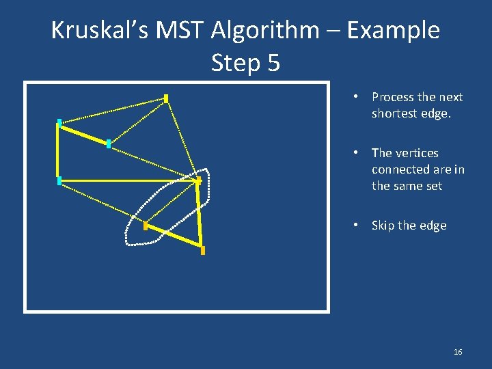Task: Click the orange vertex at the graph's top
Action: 166,98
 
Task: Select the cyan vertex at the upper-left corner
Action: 59,123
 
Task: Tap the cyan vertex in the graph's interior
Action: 109,143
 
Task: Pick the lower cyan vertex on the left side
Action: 59,180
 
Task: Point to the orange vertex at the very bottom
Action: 202,250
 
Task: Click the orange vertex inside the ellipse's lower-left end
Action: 146,225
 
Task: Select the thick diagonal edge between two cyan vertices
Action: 84,133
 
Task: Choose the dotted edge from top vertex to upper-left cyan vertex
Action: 113,111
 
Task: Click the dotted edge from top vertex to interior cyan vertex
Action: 137,121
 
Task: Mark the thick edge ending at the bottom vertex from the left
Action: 174,236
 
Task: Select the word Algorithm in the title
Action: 265,30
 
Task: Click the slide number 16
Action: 458,352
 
